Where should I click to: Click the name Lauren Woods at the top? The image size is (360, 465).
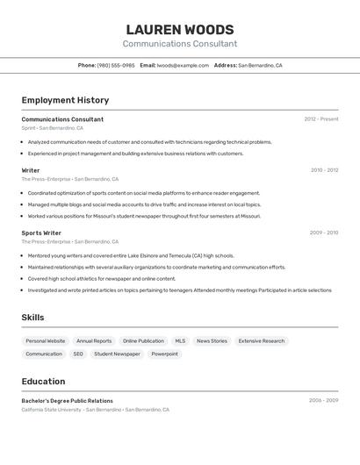[179, 30]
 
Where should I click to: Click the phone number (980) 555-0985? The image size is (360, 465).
[116, 65]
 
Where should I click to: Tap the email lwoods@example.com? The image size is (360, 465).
[183, 65]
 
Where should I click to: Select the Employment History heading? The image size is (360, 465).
[65, 100]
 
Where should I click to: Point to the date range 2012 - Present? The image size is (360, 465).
[320, 119]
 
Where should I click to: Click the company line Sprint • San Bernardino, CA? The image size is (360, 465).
[53, 128]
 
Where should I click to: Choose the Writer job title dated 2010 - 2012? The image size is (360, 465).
[31, 170]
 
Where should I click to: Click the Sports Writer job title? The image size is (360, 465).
[41, 232]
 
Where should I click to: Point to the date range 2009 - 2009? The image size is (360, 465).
[323, 232]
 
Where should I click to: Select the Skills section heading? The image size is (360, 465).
[32, 318]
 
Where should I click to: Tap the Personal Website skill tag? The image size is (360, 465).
[46, 340]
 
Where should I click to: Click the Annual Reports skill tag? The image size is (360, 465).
[94, 340]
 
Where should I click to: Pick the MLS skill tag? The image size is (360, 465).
[180, 340]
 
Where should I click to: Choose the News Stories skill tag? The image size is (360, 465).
[212, 340]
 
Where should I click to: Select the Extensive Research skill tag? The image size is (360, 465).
[262, 340]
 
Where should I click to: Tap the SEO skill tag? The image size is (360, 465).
[78, 354]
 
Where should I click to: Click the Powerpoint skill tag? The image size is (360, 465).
[164, 354]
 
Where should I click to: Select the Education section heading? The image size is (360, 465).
[43, 382]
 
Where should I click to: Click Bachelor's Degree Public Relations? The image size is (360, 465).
[68, 400]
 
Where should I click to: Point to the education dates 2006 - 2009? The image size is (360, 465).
[323, 400]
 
